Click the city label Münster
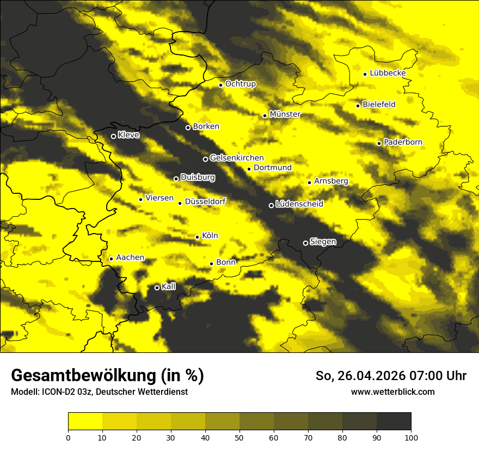pyautogui.click(x=285, y=114)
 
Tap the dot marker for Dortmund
pyautogui.click(x=249, y=169)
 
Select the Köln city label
pyautogui.click(x=210, y=236)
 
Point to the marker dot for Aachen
pyautogui.click(x=111, y=259)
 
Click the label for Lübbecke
pyautogui.click(x=388, y=73)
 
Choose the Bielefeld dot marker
pyautogui.click(x=358, y=106)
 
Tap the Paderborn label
pyautogui.click(x=403, y=142)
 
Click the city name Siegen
pyautogui.click(x=323, y=242)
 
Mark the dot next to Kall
pyautogui.click(x=157, y=288)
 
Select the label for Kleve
pyautogui.click(x=128, y=135)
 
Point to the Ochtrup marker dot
pyautogui.click(x=220, y=85)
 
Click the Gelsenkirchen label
pyautogui.click(x=237, y=158)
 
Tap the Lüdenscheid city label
pyautogui.click(x=299, y=204)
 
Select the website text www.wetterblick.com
pyautogui.click(x=393, y=392)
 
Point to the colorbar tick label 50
pyautogui.click(x=239, y=437)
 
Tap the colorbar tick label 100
pyautogui.click(x=411, y=437)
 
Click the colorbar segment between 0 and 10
pyautogui.click(x=85, y=422)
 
